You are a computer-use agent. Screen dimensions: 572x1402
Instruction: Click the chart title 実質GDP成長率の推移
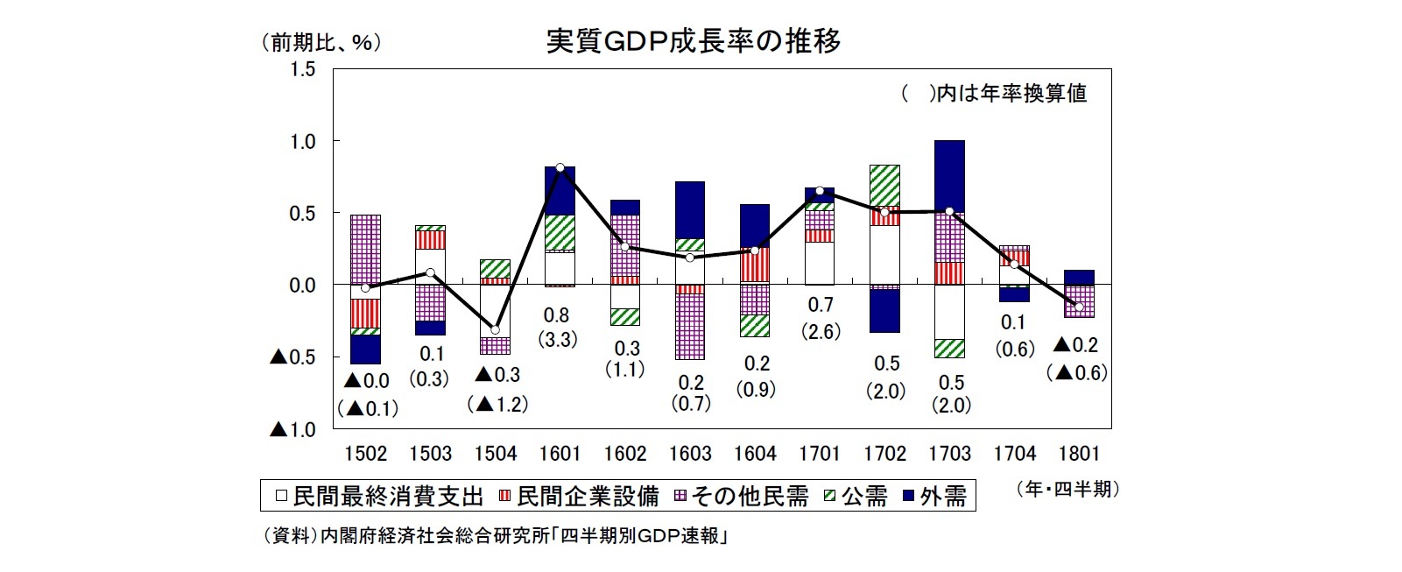click(693, 41)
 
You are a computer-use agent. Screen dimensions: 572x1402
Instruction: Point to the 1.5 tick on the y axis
click(302, 70)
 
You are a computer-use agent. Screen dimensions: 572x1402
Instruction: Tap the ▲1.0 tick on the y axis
click(292, 430)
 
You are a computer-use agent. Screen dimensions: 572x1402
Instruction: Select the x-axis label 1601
click(560, 454)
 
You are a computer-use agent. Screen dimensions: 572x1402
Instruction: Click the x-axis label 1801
click(1078, 454)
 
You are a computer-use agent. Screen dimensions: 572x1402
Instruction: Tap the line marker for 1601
click(560, 167)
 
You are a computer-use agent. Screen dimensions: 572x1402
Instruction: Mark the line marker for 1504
click(496, 329)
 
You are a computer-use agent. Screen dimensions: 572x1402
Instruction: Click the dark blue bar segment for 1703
click(949, 175)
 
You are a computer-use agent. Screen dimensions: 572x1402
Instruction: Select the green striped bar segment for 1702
click(884, 185)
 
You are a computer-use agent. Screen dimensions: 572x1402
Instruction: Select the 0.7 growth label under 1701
click(820, 305)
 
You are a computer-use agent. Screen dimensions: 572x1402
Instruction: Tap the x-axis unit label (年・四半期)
click(1067, 490)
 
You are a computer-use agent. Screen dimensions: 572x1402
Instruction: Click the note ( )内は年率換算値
click(994, 94)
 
